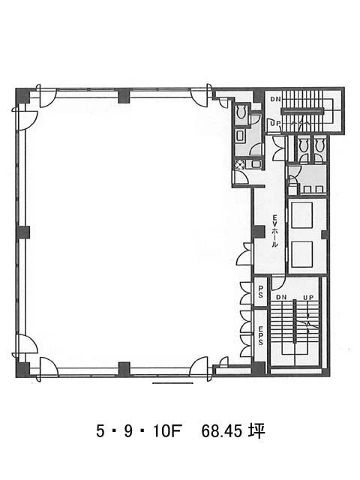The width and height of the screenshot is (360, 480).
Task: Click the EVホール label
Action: point(275,231)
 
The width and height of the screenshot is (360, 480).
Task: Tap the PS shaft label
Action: point(260,292)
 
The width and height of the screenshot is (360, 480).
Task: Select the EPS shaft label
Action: point(260,336)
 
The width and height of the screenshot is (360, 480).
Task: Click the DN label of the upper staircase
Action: point(275,99)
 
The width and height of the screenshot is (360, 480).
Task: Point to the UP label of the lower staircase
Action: point(308,297)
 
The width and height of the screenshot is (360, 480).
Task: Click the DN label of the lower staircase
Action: point(281,297)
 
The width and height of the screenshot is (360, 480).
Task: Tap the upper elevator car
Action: point(301,215)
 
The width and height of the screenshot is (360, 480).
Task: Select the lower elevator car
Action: point(301,254)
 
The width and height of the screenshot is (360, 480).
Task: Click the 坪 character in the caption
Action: point(256,431)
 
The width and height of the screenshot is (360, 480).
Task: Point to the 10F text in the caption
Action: point(167,432)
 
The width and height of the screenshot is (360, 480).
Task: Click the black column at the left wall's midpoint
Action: point(22,232)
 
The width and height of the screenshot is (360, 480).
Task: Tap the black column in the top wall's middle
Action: point(124,95)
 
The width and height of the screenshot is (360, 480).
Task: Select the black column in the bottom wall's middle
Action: point(124,369)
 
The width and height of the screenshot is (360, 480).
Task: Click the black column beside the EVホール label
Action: point(259,232)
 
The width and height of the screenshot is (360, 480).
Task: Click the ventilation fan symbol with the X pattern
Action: point(239,165)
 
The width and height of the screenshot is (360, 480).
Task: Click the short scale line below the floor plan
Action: point(172,383)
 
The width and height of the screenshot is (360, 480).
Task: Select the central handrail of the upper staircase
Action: point(302,112)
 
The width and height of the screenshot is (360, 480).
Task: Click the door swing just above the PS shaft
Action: point(278,283)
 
